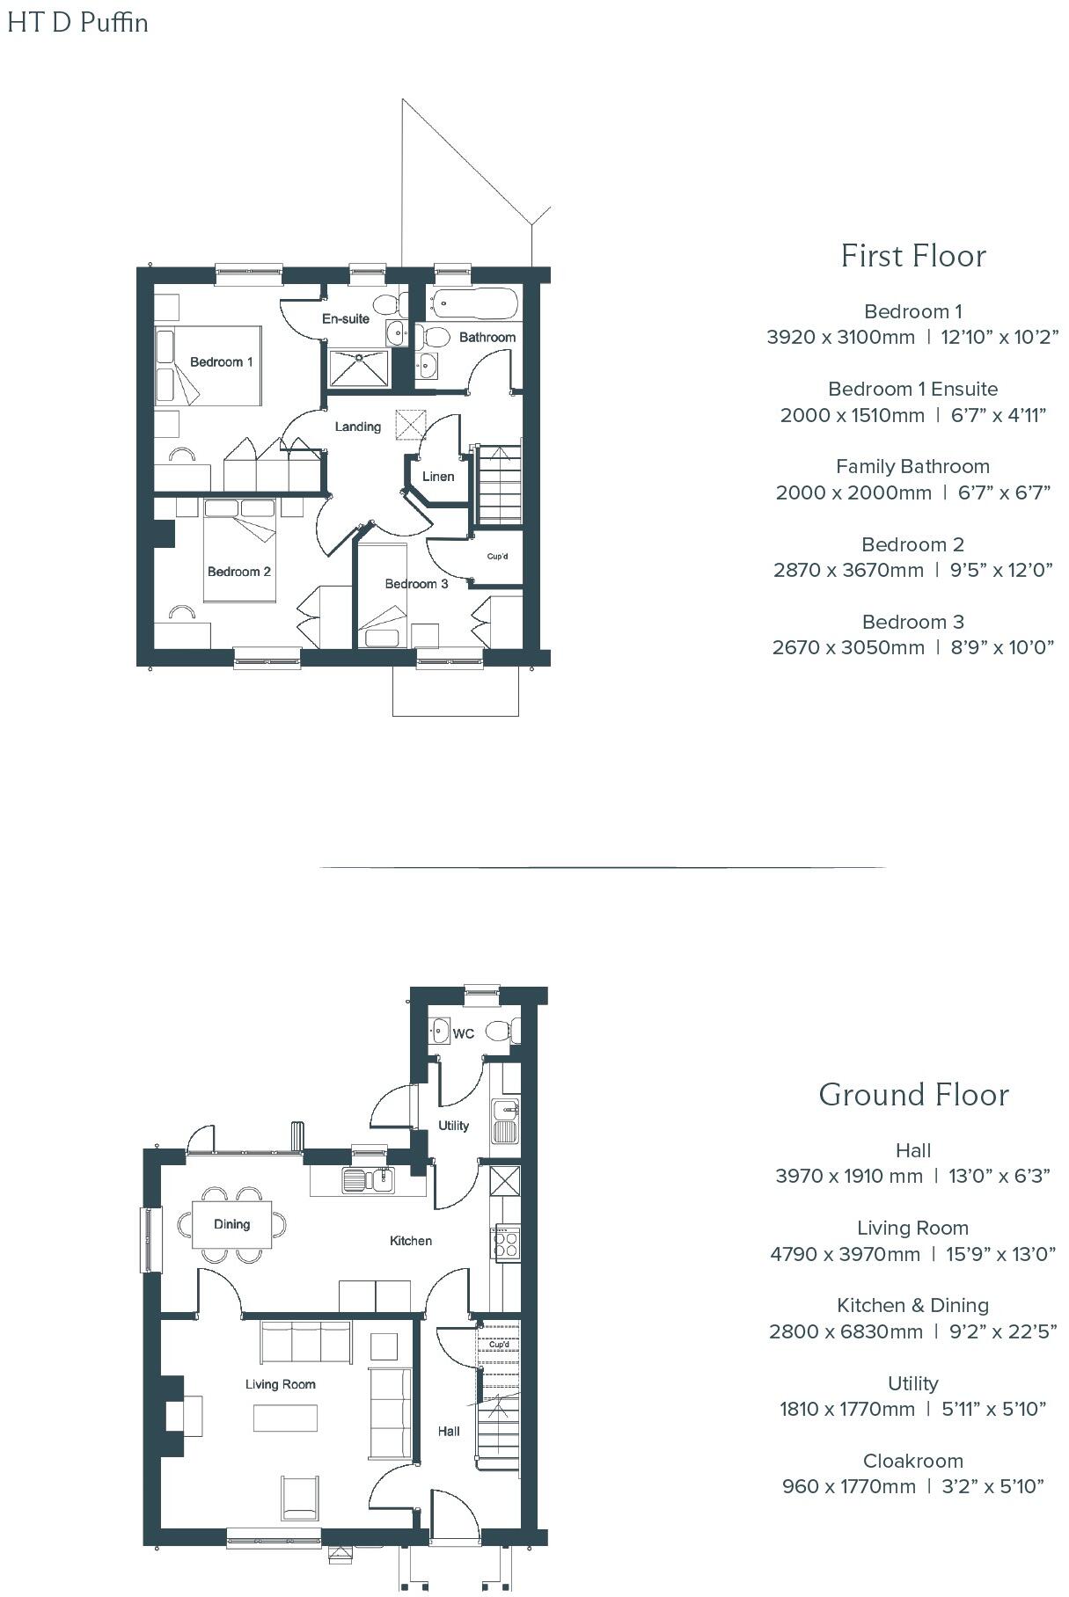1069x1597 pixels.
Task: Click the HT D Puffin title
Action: coord(77,22)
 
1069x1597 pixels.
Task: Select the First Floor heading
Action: coord(912,256)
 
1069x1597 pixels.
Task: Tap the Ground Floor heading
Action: coord(912,1095)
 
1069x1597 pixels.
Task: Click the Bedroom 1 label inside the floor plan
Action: coord(221,362)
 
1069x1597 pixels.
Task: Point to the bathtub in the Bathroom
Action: coord(473,304)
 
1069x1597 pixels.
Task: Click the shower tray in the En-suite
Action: coord(359,368)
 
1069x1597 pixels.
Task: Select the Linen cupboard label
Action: coord(438,477)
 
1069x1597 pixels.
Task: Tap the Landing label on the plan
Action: coord(357,427)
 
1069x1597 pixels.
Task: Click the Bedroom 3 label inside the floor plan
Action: coord(416,584)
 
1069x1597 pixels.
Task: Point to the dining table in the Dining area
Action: coord(232,1224)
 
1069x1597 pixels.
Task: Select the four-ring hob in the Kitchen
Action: coord(506,1243)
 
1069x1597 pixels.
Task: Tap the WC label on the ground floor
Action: coord(463,1033)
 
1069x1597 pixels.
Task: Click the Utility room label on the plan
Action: coord(454,1126)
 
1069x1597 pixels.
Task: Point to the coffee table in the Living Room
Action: coord(286,1418)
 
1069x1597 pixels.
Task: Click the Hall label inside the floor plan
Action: coord(449,1431)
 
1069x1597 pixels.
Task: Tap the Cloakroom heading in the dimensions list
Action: coord(912,1461)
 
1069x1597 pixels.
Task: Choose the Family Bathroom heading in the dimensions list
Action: coord(912,466)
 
